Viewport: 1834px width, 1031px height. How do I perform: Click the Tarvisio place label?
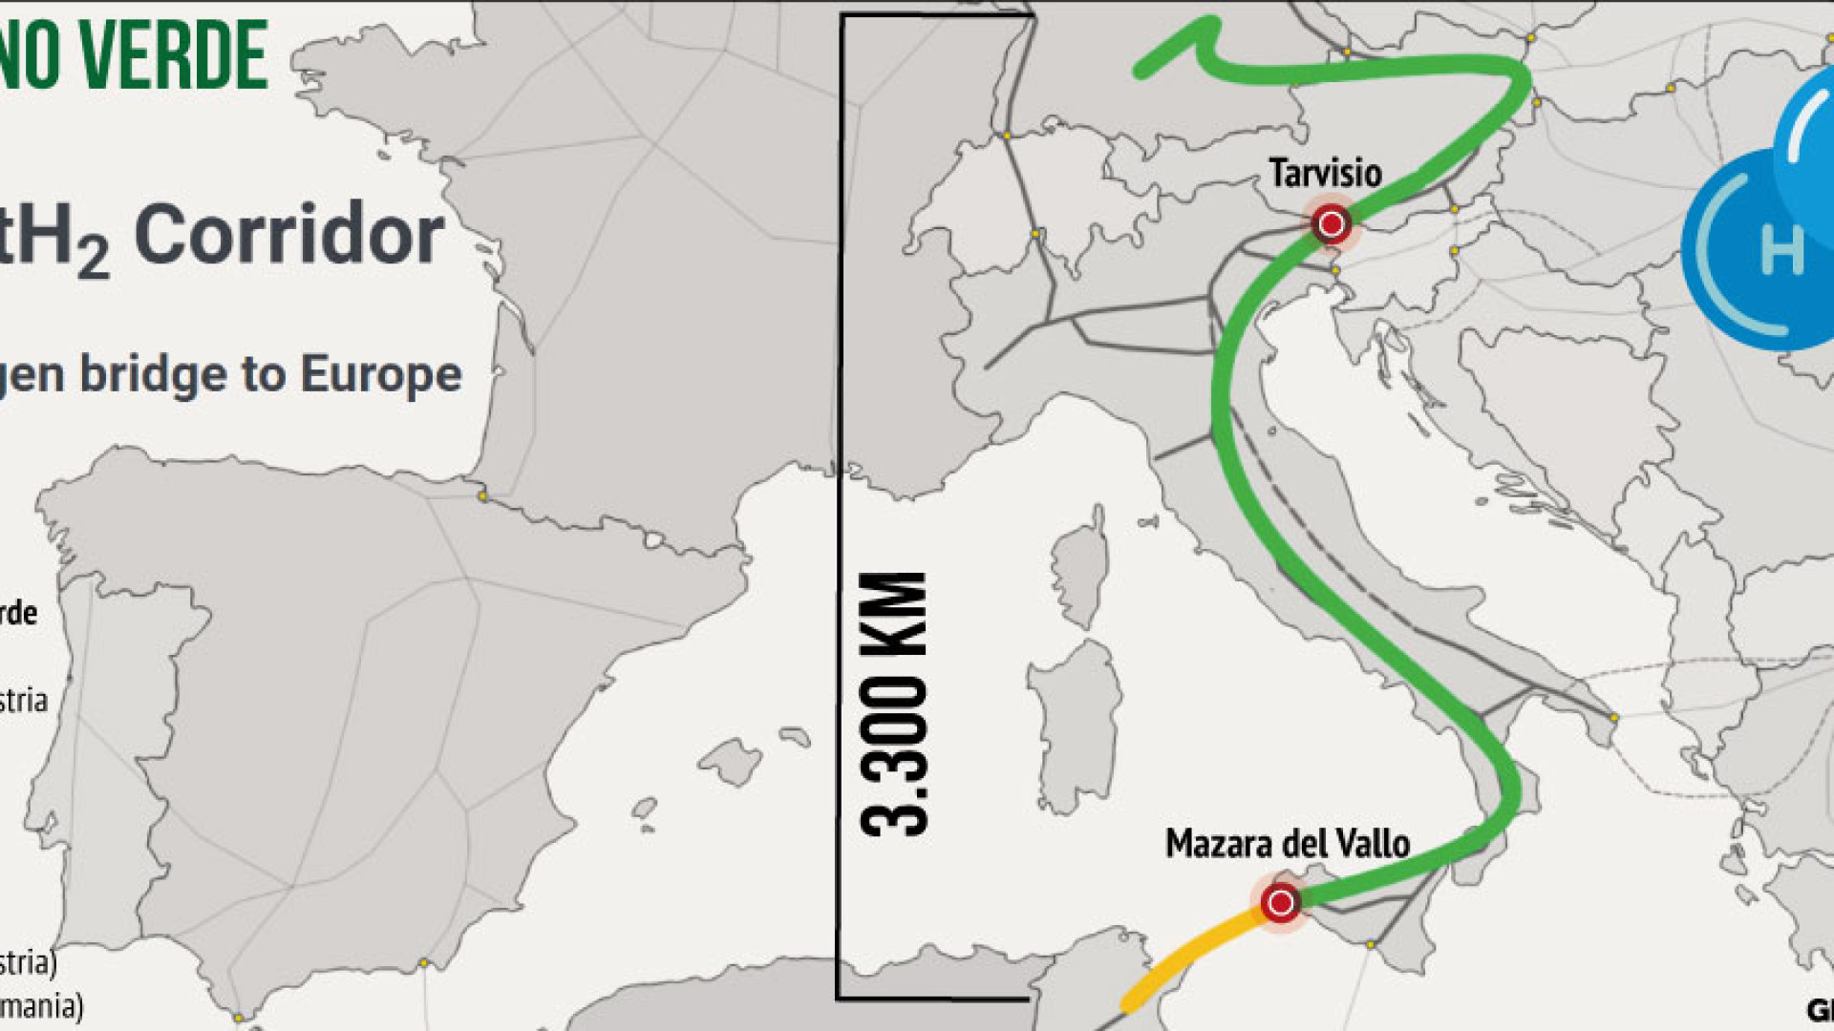[x=1325, y=174]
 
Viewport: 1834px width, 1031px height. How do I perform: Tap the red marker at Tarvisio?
[x=1332, y=224]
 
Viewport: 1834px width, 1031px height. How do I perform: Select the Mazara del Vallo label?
[x=1287, y=844]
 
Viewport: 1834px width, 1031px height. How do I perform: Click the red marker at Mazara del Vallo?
[x=1280, y=902]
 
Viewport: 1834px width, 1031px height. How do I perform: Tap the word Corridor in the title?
[x=288, y=235]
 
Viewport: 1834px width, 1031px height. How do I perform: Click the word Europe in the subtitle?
[x=381, y=373]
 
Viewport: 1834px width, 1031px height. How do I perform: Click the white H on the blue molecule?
[x=1781, y=250]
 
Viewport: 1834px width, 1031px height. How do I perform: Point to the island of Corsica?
[x=1082, y=568]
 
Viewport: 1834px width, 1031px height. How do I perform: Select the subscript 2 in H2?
[x=93, y=256]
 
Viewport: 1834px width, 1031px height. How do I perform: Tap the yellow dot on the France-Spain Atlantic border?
[x=483, y=496]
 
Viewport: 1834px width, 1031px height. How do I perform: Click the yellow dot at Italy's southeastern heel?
[x=1613, y=717]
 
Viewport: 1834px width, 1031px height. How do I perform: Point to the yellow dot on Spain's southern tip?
[x=238, y=1018]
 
